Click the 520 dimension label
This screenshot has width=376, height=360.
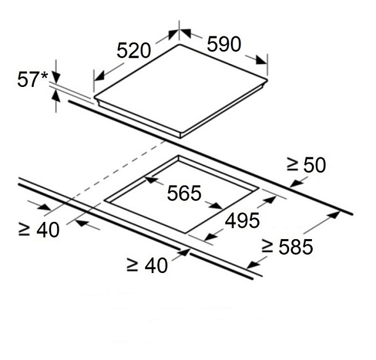(x=134, y=51)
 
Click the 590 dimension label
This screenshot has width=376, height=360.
(x=224, y=44)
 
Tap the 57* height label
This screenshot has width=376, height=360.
(x=33, y=80)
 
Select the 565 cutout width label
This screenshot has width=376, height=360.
(x=184, y=193)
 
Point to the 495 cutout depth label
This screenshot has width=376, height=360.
(x=242, y=221)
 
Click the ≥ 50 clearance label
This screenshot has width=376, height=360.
(x=306, y=165)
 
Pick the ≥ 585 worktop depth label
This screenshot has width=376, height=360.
(x=287, y=247)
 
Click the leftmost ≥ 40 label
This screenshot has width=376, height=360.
(x=39, y=230)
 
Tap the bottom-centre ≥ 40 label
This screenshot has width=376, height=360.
(x=147, y=265)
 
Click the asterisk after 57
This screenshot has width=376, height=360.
(x=45, y=76)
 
